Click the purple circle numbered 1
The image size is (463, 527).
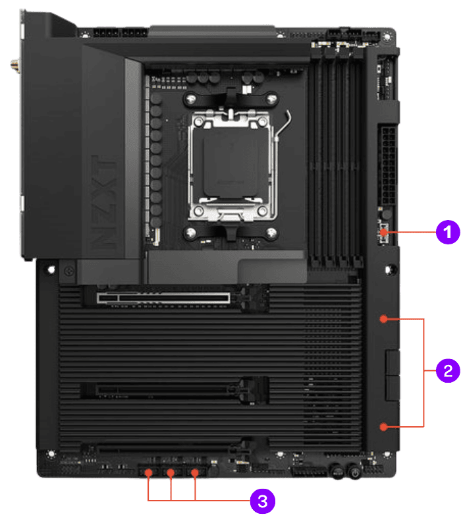pos(447,231)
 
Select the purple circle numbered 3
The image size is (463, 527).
pos(262,501)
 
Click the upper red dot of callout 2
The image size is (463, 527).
pos(383,319)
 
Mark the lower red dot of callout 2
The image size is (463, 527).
pos(383,427)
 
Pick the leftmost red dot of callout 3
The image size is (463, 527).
pos(149,472)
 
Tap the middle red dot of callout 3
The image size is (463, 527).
pos(171,472)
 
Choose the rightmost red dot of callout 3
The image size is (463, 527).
pos(195,472)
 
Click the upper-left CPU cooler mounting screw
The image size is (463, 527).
pos(190,100)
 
